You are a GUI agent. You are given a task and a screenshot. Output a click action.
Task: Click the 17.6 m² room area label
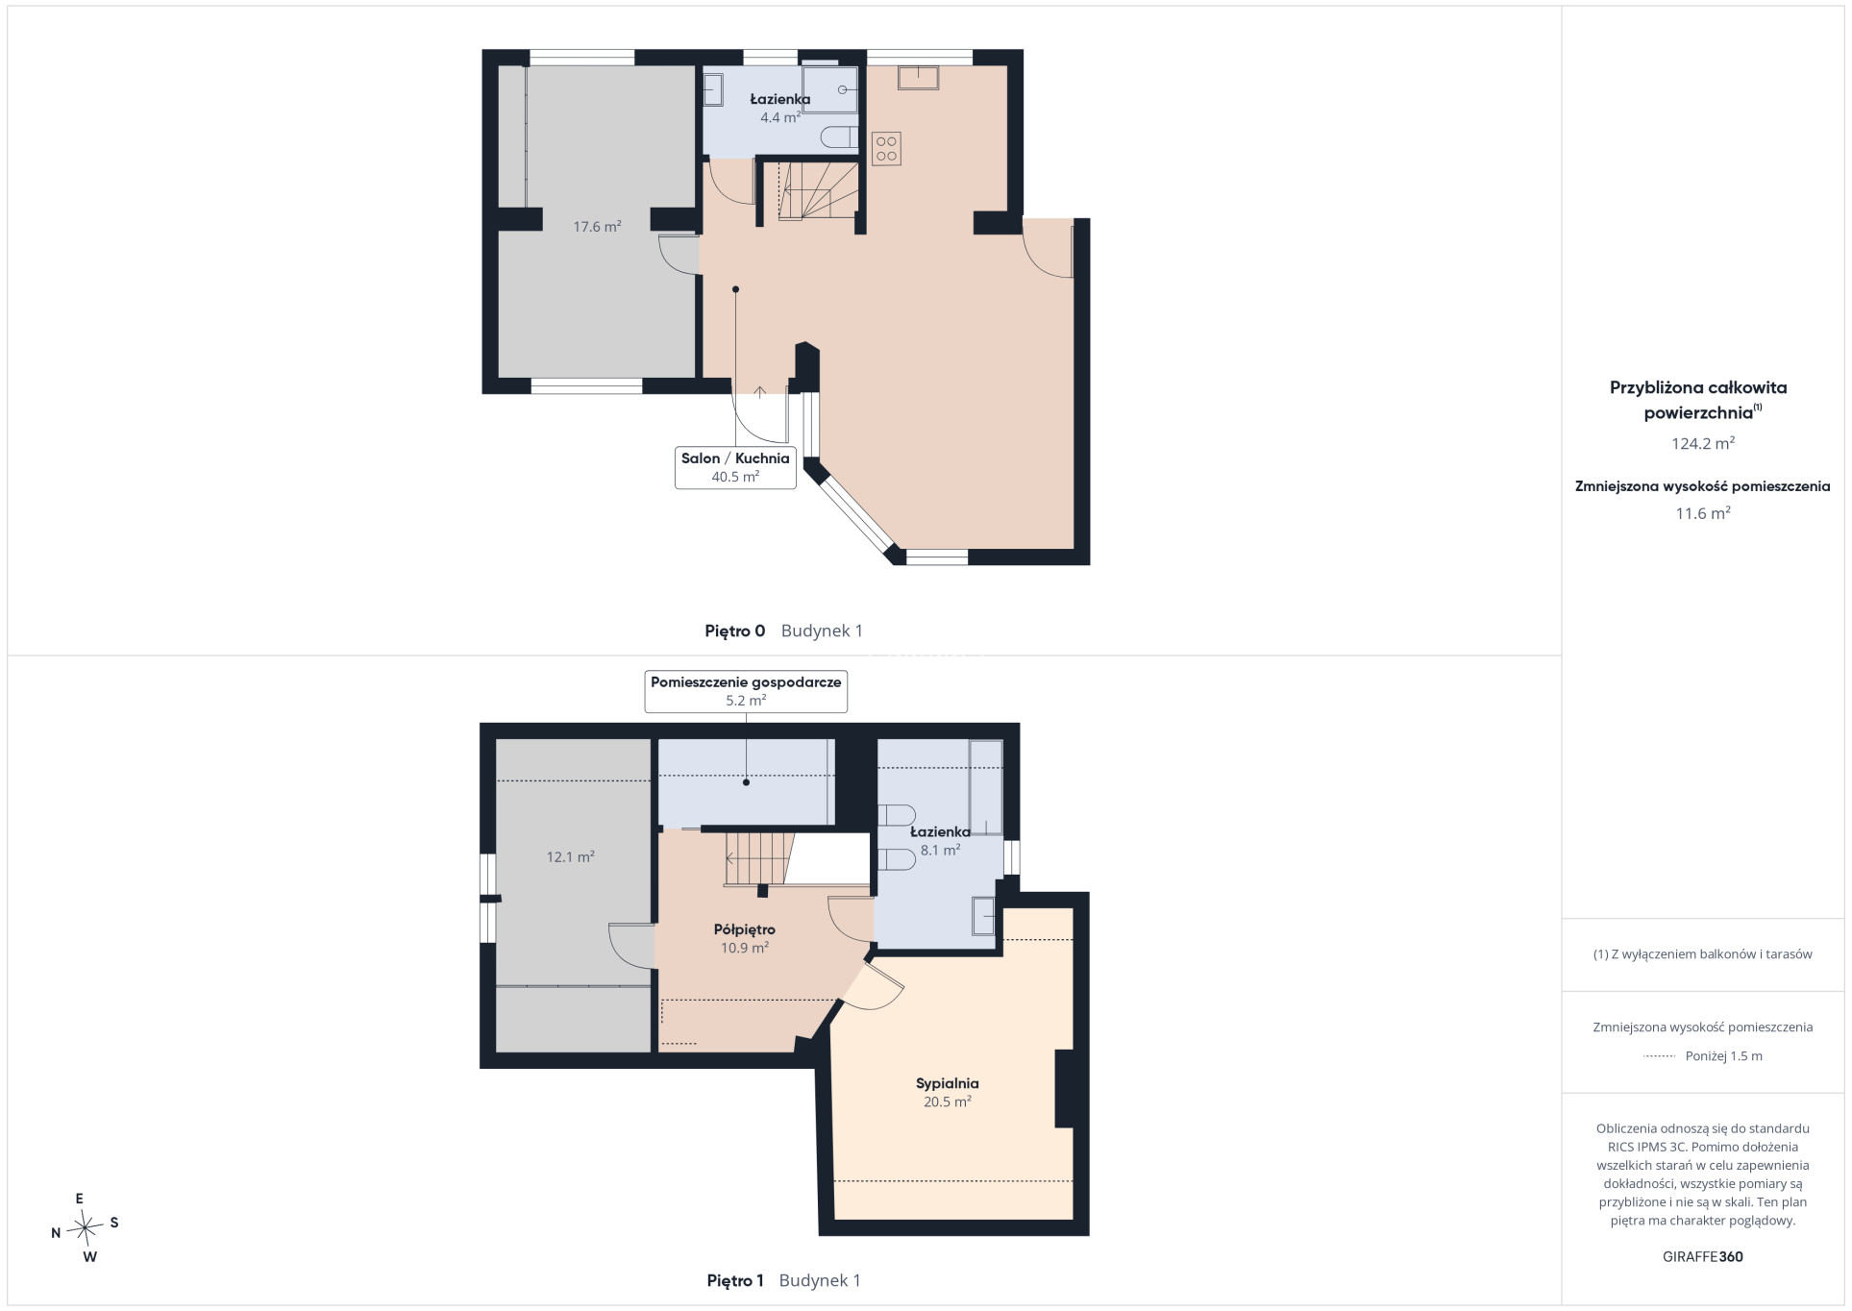[x=597, y=227]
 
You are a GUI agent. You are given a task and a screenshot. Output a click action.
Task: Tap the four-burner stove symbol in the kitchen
[x=886, y=149]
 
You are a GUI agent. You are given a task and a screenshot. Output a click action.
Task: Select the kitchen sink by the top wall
[x=918, y=77]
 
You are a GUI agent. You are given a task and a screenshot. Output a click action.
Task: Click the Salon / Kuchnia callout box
[x=735, y=468]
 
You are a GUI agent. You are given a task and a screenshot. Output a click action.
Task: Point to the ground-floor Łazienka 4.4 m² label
[x=780, y=108]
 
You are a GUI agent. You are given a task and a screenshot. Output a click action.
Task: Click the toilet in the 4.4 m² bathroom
[x=839, y=137]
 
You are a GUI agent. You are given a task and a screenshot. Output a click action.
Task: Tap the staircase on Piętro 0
[x=818, y=191]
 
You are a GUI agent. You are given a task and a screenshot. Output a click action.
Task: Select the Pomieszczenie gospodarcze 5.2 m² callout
[x=746, y=691]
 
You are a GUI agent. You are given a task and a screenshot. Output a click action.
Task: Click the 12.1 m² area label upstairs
[x=570, y=857]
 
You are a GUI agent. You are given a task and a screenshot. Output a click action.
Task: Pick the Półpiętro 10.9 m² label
[x=745, y=938]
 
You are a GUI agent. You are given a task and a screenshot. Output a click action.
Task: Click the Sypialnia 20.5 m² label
[x=947, y=1092]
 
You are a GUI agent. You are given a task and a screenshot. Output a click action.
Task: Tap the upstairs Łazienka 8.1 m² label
[x=940, y=841]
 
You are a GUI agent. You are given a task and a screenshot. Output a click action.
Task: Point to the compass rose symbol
[x=86, y=1226]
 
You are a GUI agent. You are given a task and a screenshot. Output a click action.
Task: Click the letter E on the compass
[x=80, y=1199]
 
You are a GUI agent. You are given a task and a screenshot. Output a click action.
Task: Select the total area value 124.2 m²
[x=1702, y=443]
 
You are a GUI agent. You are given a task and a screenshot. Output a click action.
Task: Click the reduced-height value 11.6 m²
[x=1702, y=513]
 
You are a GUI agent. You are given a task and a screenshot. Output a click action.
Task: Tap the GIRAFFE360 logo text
[x=1702, y=1256]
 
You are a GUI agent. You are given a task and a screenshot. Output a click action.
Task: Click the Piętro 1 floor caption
[x=734, y=1280]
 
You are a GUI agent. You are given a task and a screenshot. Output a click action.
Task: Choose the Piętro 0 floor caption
[x=734, y=631]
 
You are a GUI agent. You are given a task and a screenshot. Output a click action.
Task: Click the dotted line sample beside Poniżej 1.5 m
[x=1660, y=1056]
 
